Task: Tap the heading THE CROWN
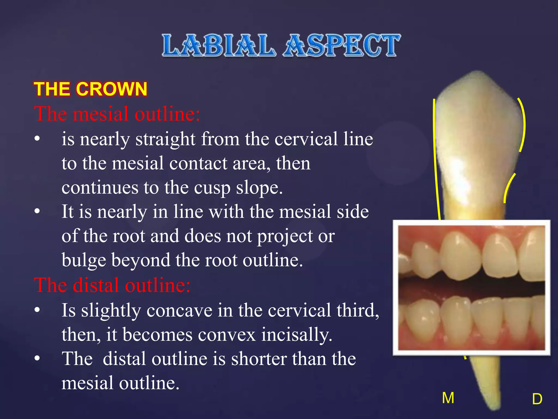[90, 89]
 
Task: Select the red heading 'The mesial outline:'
[117, 113]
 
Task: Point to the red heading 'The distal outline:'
[112, 285]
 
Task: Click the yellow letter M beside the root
[448, 398]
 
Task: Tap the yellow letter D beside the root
[537, 399]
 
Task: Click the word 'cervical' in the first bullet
[306, 139]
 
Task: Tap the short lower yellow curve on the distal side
[508, 188]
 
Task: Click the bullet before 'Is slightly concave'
[37, 310]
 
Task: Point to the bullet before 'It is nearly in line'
[37, 211]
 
